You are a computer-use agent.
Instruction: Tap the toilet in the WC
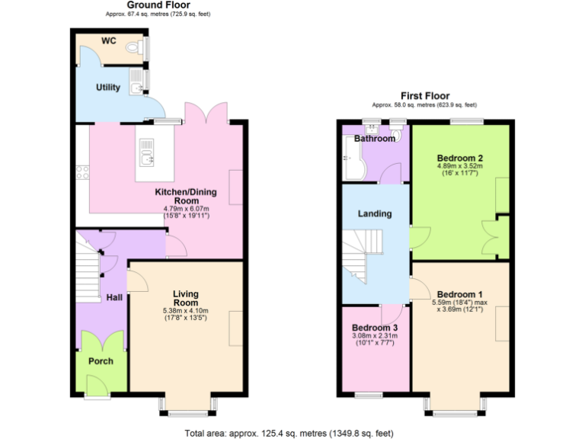[136, 48]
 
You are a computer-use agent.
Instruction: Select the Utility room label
[108, 88]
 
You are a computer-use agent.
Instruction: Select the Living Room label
[185, 298]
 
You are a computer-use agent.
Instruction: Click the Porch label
[101, 361]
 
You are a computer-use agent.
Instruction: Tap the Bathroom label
[375, 139]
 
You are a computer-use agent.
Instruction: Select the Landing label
[375, 214]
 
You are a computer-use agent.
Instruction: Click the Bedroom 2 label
[460, 159]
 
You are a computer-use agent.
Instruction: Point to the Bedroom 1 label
[460, 294]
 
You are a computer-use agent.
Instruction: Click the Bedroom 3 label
[375, 328]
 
